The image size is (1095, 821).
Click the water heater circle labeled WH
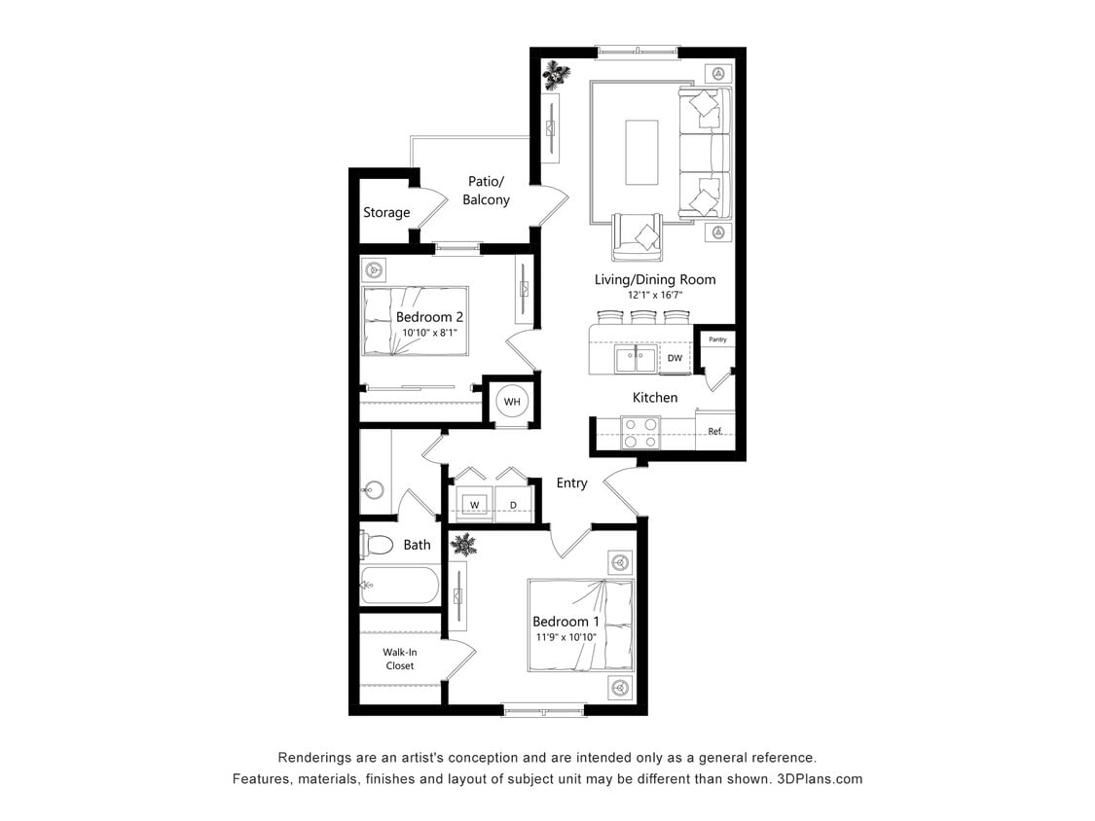tap(512, 401)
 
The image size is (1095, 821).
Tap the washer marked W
tap(475, 504)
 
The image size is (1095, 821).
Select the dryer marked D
tap(514, 504)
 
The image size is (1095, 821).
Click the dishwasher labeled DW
tap(675, 359)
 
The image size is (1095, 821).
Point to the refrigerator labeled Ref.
tap(715, 430)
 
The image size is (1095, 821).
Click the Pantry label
tap(717, 339)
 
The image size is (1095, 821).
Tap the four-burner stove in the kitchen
tap(640, 431)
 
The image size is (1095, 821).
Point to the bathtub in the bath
tap(399, 586)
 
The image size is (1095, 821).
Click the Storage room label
tap(386, 212)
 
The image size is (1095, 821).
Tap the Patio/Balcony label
tap(486, 191)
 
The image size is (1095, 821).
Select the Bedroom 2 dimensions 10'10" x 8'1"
tap(429, 333)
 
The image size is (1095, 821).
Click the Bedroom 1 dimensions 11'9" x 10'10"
tap(566, 637)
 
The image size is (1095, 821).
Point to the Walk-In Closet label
tap(399, 659)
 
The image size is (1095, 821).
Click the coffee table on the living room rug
tap(641, 152)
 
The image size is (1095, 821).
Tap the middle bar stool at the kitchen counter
tap(643, 316)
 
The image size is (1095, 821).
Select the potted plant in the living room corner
tap(556, 74)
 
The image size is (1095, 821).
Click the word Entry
tap(571, 482)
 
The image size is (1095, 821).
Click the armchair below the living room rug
tap(638, 236)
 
